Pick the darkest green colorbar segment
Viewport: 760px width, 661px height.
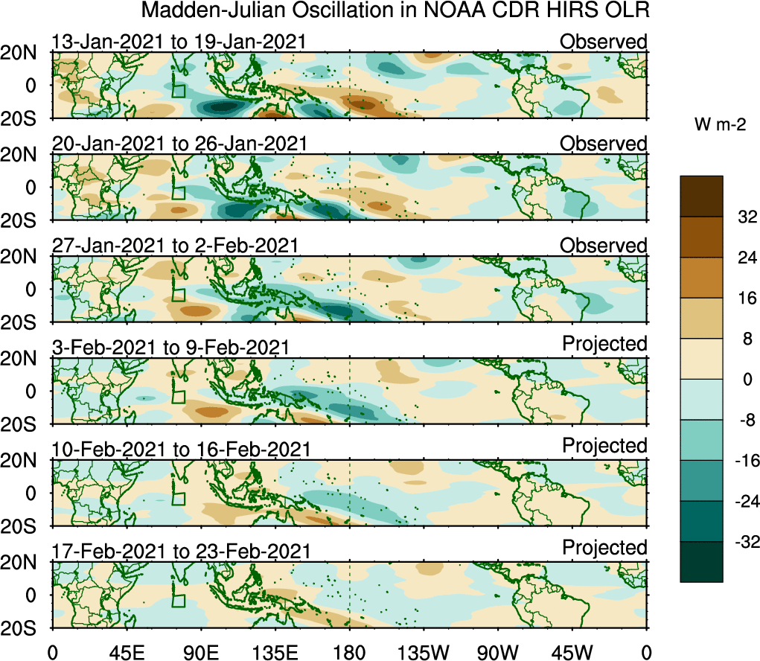[x=701, y=561]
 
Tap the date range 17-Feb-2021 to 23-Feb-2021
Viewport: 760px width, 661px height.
[x=179, y=552]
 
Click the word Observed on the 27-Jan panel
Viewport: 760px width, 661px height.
[x=604, y=245]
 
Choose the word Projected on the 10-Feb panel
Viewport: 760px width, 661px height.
[x=604, y=445]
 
